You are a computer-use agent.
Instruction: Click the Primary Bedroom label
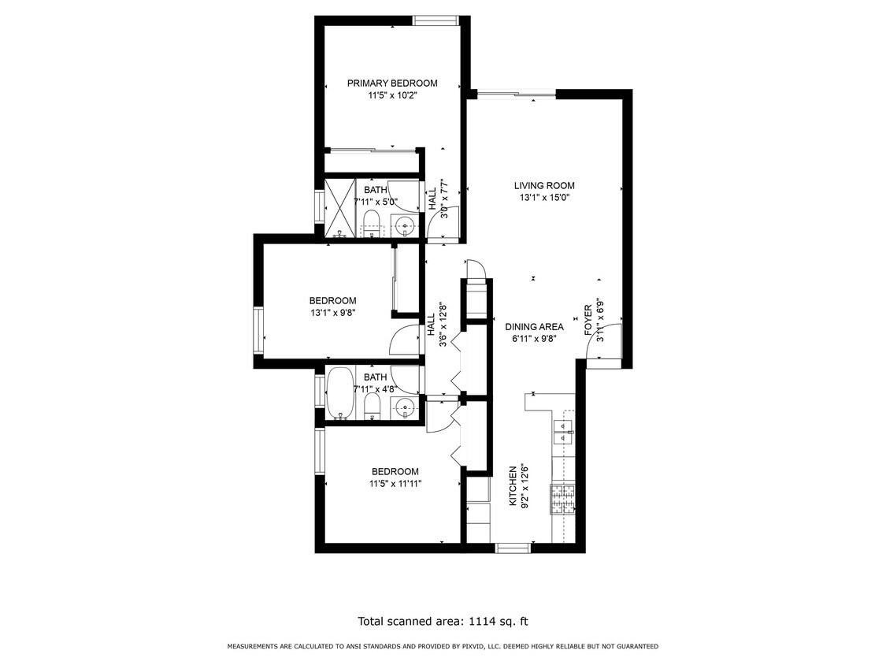point(392,84)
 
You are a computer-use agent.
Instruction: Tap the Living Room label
point(544,185)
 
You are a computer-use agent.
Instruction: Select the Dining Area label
point(534,327)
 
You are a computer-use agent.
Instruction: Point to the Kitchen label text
point(513,486)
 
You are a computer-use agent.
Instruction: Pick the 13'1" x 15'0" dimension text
point(544,198)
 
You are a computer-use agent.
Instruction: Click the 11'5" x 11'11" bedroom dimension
point(395,484)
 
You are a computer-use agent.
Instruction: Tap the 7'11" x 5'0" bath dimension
point(376,201)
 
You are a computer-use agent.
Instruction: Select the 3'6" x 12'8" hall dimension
point(443,325)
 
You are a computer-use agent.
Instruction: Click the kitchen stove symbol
point(563,500)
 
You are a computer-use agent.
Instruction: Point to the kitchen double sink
point(564,433)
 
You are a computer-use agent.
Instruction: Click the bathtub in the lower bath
point(340,393)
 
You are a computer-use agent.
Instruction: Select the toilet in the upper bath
point(372,223)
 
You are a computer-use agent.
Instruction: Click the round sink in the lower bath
point(405,407)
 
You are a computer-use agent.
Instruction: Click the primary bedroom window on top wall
point(435,21)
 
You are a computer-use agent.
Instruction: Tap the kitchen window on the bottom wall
point(513,548)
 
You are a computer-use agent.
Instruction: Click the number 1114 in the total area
point(482,621)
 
